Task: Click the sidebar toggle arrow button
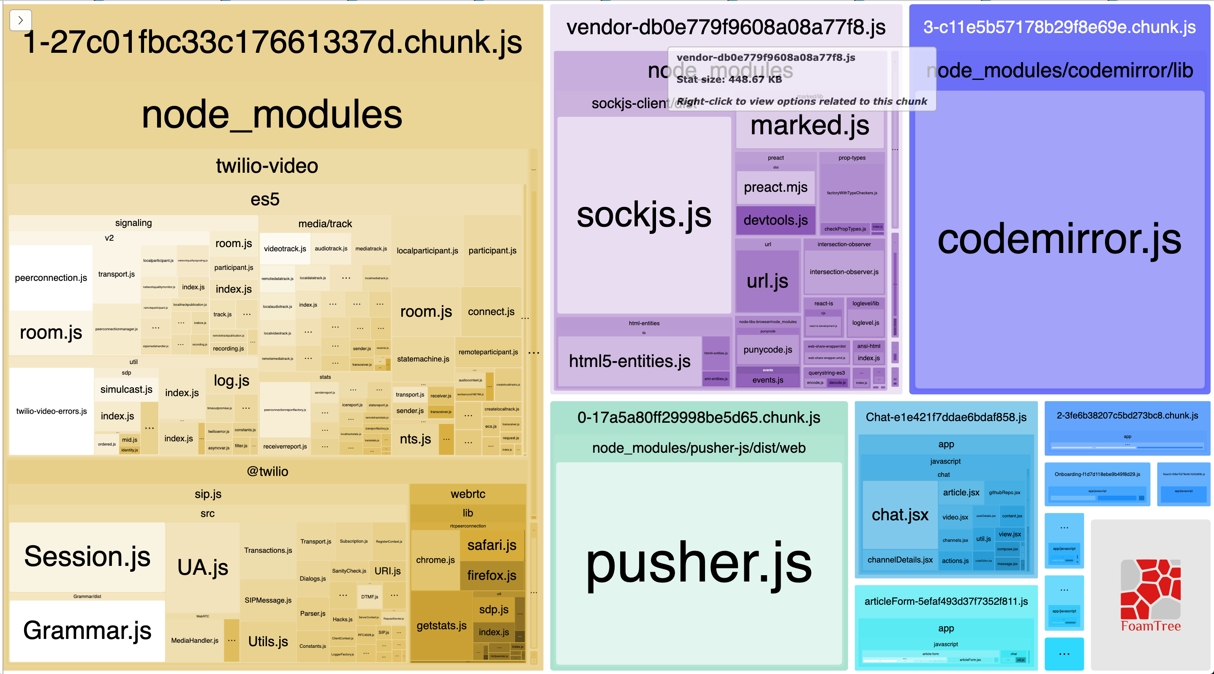click(20, 20)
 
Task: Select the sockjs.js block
click(643, 215)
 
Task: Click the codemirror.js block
click(1059, 239)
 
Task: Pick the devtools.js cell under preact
click(775, 220)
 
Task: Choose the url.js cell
click(767, 281)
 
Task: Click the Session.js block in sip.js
click(87, 556)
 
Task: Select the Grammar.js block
click(87, 630)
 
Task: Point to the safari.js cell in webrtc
click(492, 545)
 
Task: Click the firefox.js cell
click(492, 575)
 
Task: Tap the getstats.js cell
click(441, 625)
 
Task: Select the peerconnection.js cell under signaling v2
click(51, 277)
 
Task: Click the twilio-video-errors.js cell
click(52, 411)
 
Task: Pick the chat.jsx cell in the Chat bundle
click(900, 514)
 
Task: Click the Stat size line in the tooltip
click(729, 79)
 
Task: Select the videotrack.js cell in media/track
click(285, 249)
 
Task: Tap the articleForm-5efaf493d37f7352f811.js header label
click(945, 601)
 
